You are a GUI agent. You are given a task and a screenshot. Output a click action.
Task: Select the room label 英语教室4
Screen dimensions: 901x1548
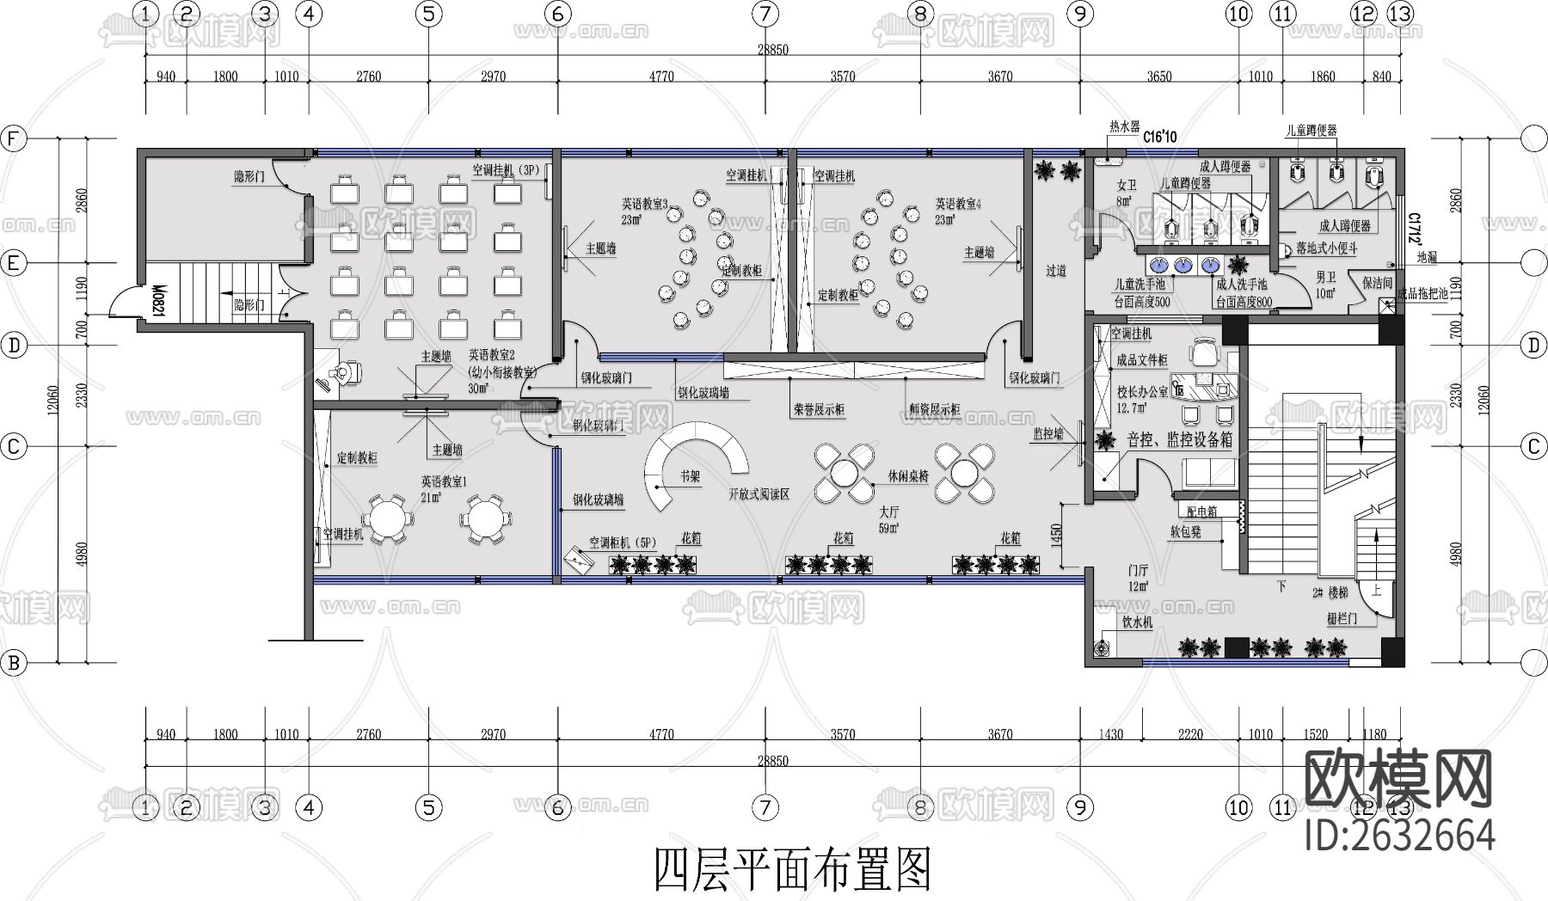(958, 205)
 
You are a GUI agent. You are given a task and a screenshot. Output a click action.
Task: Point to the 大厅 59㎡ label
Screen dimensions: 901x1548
(888, 519)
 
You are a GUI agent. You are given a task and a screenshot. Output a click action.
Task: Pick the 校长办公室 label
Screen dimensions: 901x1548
(1142, 392)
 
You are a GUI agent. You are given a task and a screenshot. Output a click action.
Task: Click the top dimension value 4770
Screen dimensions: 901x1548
(660, 77)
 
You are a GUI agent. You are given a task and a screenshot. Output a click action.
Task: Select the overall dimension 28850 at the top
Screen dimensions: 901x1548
(772, 51)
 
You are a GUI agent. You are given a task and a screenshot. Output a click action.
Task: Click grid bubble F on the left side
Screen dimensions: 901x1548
(13, 139)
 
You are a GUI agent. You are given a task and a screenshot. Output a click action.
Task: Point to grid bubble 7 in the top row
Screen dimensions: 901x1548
(765, 14)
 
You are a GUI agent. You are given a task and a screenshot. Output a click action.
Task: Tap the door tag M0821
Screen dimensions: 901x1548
(159, 301)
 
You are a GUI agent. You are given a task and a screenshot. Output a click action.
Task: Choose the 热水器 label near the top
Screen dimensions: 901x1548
(1123, 126)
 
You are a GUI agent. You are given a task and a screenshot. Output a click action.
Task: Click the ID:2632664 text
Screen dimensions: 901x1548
(1399, 835)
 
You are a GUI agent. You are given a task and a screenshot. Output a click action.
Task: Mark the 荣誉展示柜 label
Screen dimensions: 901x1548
(818, 410)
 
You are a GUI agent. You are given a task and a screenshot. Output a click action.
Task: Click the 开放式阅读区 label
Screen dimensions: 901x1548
(759, 494)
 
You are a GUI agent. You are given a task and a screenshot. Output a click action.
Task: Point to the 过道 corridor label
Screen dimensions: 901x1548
(1056, 271)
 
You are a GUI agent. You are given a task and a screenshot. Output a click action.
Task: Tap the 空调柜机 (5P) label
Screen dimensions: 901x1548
(622, 542)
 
